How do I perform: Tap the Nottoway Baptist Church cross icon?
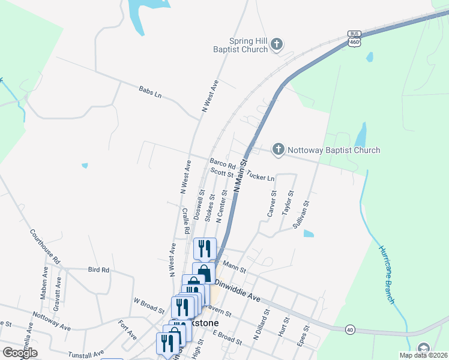tap(278, 150)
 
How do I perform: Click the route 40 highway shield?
tap(349, 329)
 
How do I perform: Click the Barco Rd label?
tap(223, 163)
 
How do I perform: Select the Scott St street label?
tap(221, 173)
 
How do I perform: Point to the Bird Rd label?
tap(98, 270)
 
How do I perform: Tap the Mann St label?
tap(231, 264)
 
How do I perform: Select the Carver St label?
tap(271, 203)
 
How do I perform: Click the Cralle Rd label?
tap(185, 221)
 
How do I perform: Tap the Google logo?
tap(19, 353)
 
